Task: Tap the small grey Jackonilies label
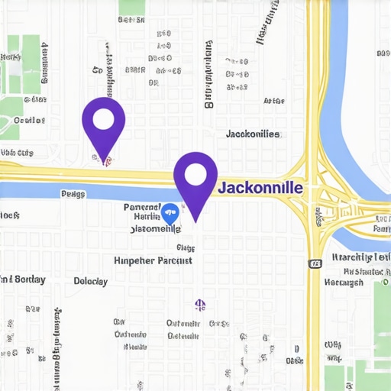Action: tap(253, 134)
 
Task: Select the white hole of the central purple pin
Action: tap(195, 176)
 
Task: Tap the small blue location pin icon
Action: tap(170, 212)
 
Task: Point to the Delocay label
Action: tap(91, 281)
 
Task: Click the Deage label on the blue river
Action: tap(73, 194)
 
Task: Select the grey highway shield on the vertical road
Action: tap(315, 263)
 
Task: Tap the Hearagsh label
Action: tap(344, 283)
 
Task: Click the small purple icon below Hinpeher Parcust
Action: tap(200, 305)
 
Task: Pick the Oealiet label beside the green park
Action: tap(29, 120)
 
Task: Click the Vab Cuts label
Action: tap(17, 153)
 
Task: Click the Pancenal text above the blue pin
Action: tap(143, 207)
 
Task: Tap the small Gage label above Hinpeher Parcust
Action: tap(186, 247)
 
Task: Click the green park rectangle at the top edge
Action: tap(132, 7)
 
